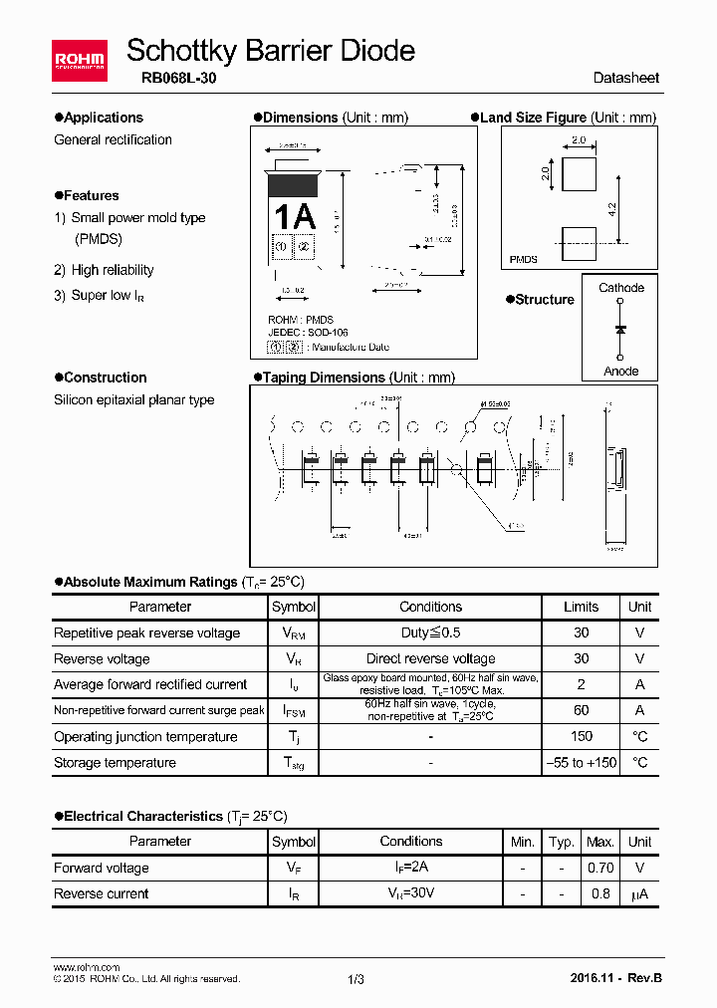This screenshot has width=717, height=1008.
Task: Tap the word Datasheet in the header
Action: (x=625, y=78)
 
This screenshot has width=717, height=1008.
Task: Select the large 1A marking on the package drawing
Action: (x=294, y=216)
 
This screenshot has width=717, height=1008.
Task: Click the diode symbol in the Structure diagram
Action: (x=620, y=329)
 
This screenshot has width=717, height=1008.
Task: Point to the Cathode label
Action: (x=621, y=288)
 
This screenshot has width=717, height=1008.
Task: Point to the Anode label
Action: (x=621, y=372)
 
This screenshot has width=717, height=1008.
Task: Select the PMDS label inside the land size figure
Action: (x=524, y=259)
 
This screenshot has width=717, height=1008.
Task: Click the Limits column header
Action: (x=581, y=607)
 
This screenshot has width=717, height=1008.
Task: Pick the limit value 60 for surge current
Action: (x=581, y=710)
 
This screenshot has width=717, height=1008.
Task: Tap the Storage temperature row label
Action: (x=115, y=763)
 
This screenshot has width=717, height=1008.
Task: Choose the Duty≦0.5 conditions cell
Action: (x=430, y=632)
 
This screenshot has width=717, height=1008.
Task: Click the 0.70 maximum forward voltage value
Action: (x=600, y=868)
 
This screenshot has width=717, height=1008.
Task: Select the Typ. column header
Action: (x=562, y=842)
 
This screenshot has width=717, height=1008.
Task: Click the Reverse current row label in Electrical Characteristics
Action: (x=102, y=893)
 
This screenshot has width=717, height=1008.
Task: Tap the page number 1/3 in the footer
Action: (x=357, y=979)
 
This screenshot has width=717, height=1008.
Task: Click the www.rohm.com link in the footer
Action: (x=86, y=967)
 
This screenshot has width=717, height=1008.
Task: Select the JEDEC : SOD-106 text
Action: (x=309, y=333)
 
